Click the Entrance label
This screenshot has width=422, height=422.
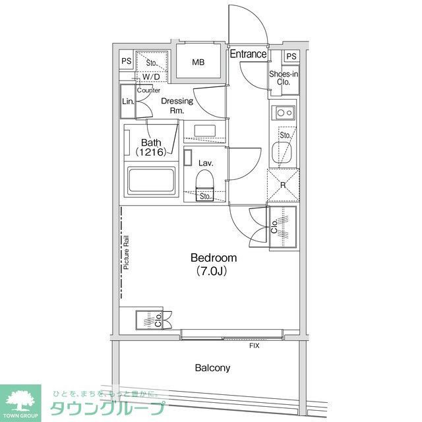pos(248,55)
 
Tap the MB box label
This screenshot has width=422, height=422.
pos(198,63)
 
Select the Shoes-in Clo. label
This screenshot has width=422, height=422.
pos(284,78)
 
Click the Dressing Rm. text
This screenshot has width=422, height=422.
pos(177,105)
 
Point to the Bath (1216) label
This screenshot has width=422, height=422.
pos(151,146)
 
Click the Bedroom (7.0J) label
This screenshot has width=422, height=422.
pos(213,264)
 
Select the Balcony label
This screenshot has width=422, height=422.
pos(212,367)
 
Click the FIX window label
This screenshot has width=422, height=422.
pos(254,346)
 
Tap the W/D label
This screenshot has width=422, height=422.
pos(150,76)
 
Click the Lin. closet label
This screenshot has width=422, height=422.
pos(128,102)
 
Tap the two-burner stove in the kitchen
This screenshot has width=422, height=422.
pos(284,113)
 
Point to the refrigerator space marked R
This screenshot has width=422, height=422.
pos(283,185)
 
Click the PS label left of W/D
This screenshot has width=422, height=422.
pos(126,61)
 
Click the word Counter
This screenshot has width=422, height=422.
pos(148,90)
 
